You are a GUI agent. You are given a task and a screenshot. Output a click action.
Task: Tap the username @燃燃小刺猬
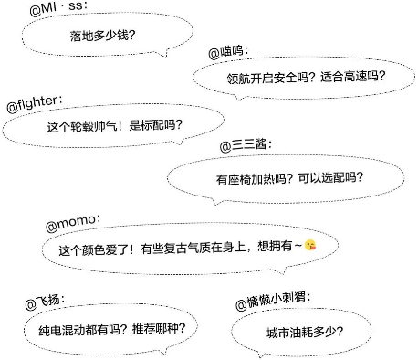pyautogui.click(x=274, y=301)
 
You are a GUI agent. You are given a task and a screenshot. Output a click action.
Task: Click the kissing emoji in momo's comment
pyautogui.click(x=311, y=245)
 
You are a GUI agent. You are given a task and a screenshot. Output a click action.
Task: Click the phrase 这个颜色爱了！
pyautogui.click(x=97, y=247)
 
